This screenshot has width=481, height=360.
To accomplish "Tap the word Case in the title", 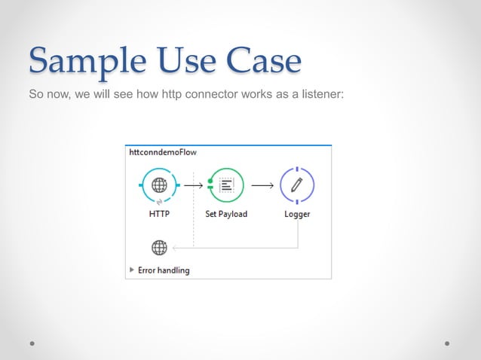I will point(261,62).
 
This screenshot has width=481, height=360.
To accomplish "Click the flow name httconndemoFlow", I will point(162,151).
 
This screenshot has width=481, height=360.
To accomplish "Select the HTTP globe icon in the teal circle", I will point(159,185).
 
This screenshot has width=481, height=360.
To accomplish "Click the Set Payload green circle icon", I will point(226,185).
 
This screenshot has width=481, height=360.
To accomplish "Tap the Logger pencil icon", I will point(296,185).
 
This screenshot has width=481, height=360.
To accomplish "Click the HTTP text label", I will point(159,214).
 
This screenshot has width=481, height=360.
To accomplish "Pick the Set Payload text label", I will point(226,214).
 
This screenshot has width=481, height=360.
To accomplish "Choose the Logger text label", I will point(296,214).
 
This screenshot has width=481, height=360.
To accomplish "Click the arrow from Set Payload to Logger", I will point(262,185).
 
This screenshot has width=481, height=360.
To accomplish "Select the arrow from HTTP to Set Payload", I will point(193,185).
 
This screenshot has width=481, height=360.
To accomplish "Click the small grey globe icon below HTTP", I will point(159,246).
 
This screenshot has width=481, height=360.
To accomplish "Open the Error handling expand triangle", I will point(133,270).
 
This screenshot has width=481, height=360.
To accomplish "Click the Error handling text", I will point(165,270).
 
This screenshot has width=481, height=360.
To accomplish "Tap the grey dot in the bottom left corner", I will point(33,343).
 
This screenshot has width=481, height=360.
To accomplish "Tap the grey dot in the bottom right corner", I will point(447,343).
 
